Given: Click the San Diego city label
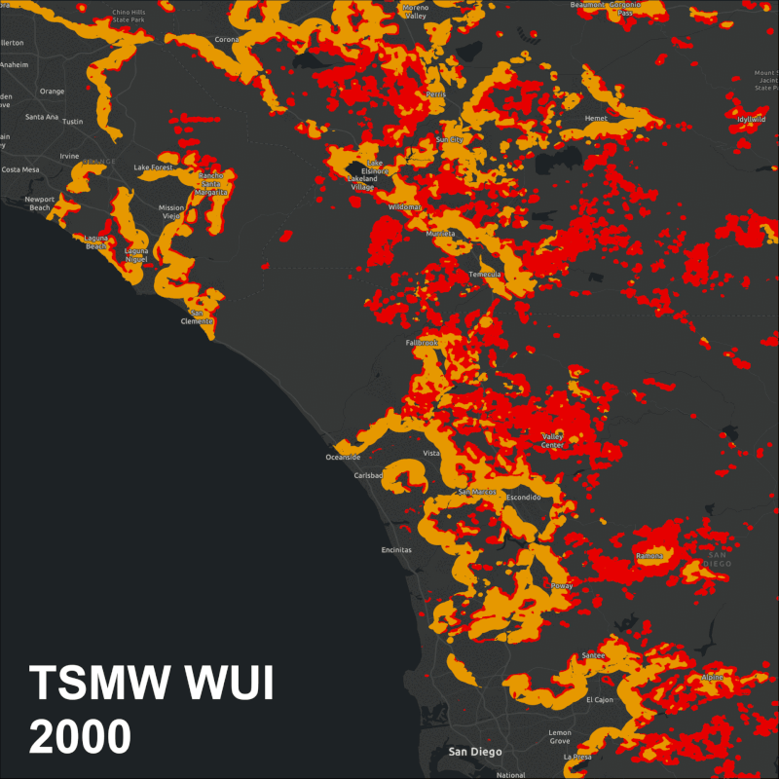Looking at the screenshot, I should [474, 751].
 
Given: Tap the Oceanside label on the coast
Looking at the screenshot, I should [343, 457].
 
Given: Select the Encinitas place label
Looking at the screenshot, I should [395, 550].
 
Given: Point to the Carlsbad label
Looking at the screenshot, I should [369, 475].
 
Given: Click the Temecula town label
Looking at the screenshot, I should [484, 275].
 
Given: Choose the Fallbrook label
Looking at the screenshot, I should [422, 343].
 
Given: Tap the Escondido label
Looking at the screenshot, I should [524, 497].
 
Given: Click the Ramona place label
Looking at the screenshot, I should [649, 556].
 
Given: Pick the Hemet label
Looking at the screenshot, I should [595, 118].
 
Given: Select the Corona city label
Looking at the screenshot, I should [227, 40].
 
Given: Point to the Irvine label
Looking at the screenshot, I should [69, 156].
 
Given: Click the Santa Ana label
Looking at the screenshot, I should [42, 117].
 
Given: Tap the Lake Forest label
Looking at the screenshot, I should [153, 167].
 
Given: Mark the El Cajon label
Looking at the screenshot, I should [600, 699].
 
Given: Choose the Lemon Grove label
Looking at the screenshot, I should [560, 736].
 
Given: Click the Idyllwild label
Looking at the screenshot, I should [750, 119].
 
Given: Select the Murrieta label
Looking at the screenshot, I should [439, 235].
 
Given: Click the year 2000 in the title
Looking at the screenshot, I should [80, 737].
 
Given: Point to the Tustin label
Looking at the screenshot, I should [73, 122].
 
